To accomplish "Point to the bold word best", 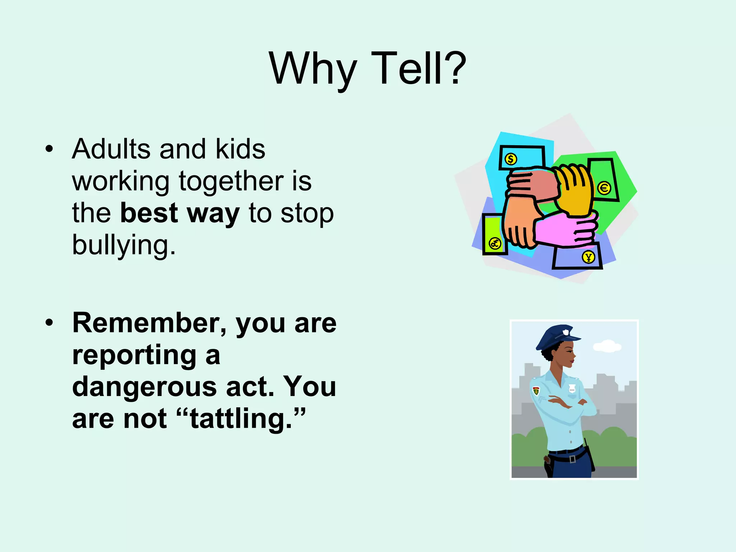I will pos(149,213).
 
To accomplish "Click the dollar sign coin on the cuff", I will pos(511,159).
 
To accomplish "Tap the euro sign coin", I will pos(604,188).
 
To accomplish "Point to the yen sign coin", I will pos(588,257).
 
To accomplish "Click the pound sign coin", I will pos(495,244).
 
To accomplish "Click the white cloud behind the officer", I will pos(607,346).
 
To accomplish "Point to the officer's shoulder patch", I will pos(536,391).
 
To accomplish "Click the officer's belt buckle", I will pos(572,459).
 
